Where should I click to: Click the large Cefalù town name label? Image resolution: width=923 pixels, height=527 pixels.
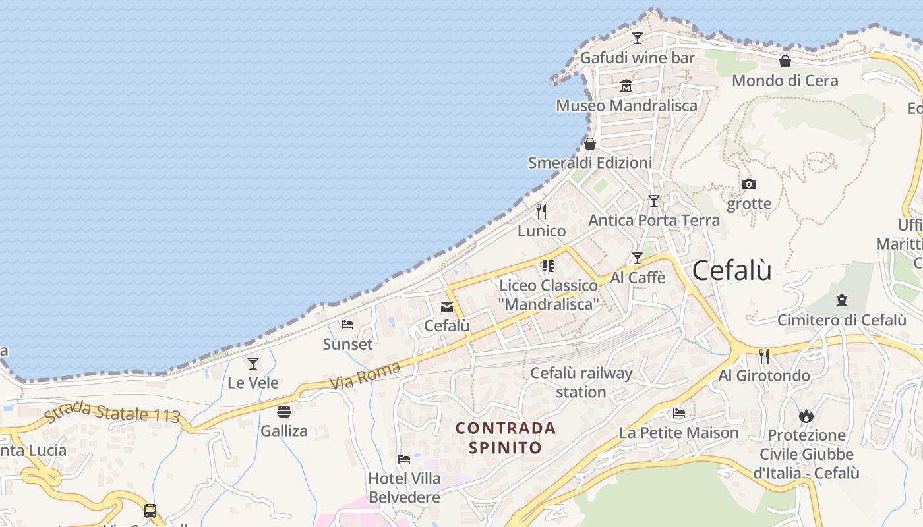(x=732, y=270)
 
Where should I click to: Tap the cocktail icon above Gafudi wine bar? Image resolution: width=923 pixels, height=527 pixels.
(x=638, y=38)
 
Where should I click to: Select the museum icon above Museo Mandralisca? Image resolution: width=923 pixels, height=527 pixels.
(x=626, y=86)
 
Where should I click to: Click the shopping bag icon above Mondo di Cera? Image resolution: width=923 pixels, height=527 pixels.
(x=785, y=61)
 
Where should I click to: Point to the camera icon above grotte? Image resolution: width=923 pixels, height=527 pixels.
(x=748, y=184)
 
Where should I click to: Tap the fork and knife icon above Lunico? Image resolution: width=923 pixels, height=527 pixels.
(x=541, y=211)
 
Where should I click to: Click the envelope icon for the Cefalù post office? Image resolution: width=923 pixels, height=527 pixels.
(x=447, y=306)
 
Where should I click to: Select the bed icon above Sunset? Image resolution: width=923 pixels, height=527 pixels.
(x=347, y=324)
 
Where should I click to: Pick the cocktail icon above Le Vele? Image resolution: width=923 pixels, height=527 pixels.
(x=253, y=363)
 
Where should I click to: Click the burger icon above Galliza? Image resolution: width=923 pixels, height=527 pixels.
(x=284, y=412)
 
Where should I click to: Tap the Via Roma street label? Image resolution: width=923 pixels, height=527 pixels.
(x=364, y=375)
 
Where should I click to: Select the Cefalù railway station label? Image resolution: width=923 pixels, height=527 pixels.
(x=581, y=382)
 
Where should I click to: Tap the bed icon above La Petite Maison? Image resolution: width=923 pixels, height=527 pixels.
(x=679, y=413)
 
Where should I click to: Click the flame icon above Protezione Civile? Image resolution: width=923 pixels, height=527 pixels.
(x=806, y=416)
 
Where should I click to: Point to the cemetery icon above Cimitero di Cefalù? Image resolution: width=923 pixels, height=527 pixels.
(x=841, y=300)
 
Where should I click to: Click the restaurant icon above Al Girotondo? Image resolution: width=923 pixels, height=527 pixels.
(x=764, y=356)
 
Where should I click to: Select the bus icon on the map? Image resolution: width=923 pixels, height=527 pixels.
(x=150, y=511)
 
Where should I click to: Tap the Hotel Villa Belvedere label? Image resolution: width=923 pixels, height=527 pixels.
(x=404, y=487)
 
